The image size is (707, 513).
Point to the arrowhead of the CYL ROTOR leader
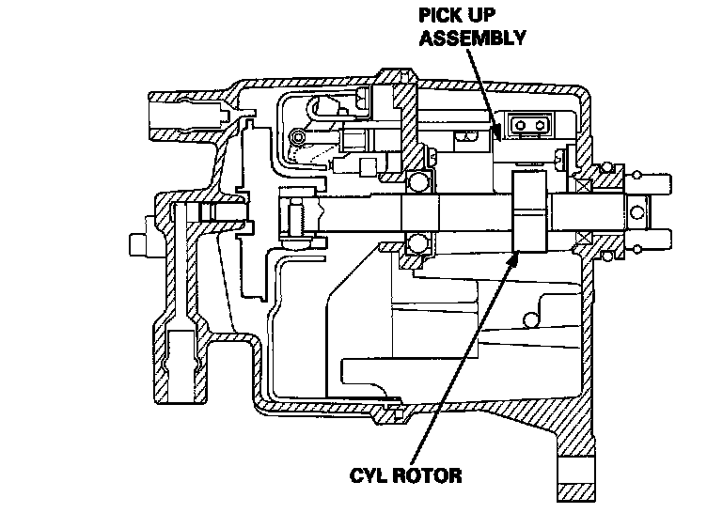click(x=514, y=253)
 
